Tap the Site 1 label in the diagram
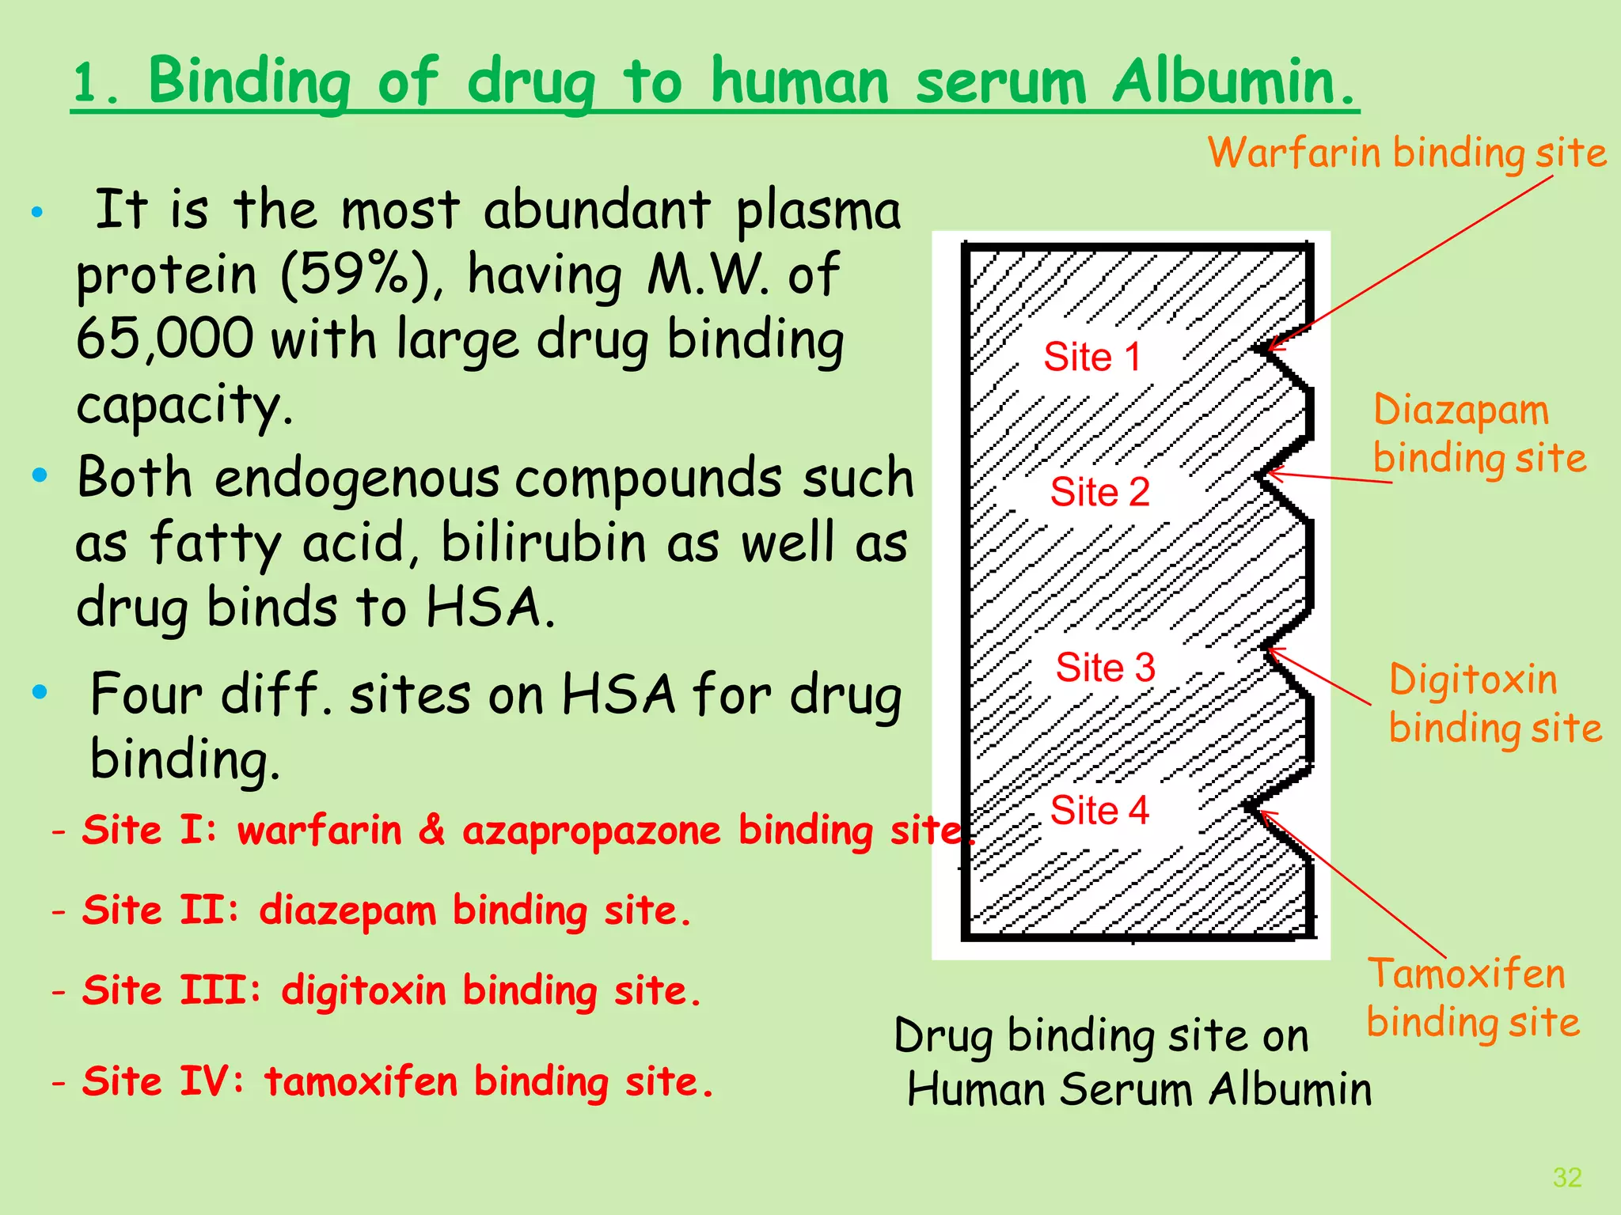(x=1092, y=357)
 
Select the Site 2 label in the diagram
(x=1099, y=492)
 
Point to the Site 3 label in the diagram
(x=1105, y=668)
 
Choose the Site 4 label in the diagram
(x=1099, y=811)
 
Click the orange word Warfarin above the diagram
(x=1293, y=152)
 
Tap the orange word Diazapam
(x=1460, y=411)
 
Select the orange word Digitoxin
(x=1473, y=680)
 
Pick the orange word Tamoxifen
(x=1467, y=974)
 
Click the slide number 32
(x=1567, y=1177)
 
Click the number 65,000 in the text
(x=165, y=339)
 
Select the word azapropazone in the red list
(x=591, y=831)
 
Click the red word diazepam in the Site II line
(x=347, y=910)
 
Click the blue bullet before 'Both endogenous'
(x=40, y=475)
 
